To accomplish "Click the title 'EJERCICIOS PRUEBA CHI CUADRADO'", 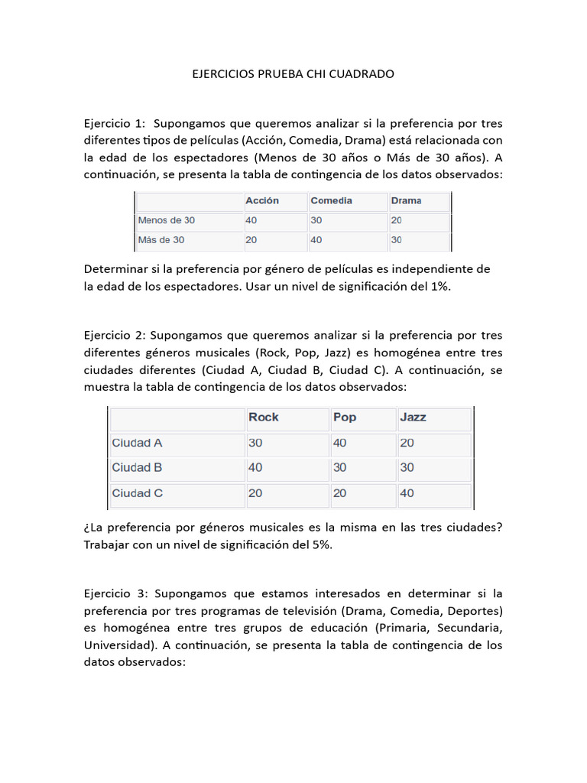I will click(293, 74).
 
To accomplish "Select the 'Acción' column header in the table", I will click(262, 200).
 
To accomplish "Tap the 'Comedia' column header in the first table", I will click(331, 200).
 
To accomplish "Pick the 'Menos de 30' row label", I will click(167, 220).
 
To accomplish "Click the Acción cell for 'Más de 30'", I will click(251, 240).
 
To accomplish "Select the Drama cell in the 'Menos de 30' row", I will click(396, 220).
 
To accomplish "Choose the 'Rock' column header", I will click(264, 417).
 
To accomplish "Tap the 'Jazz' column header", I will click(413, 417).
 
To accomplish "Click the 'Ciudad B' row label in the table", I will click(137, 467).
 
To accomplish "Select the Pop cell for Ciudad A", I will click(340, 443).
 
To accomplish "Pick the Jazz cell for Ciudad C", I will click(407, 493).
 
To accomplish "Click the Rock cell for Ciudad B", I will click(255, 467).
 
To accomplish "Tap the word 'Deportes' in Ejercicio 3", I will click(477, 610).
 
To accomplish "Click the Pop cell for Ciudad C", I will click(340, 493).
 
